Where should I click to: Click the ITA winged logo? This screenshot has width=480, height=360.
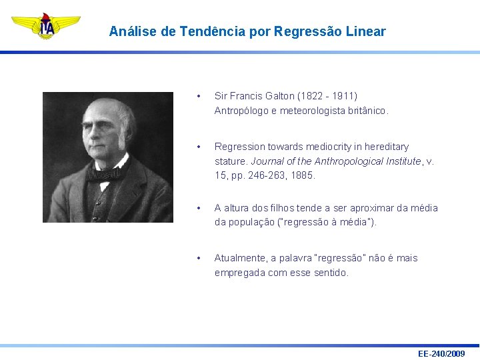click(x=46, y=26)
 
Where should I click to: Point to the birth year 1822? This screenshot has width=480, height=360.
click(x=312, y=96)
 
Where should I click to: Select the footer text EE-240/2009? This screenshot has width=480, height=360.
click(x=441, y=353)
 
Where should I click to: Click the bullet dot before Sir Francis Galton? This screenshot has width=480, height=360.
click(x=199, y=97)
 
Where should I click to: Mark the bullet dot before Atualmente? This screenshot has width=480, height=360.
click(x=199, y=259)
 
